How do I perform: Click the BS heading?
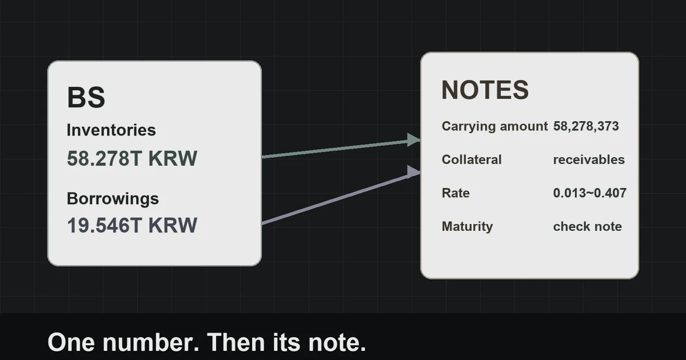(86, 97)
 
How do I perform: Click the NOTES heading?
(485, 90)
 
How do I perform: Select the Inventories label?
(111, 130)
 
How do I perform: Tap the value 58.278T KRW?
(132, 158)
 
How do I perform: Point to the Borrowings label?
(113, 199)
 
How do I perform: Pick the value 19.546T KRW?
(132, 225)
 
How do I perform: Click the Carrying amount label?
(494, 126)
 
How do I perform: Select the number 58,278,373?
(586, 126)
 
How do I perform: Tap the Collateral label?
(472, 159)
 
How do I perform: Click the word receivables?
(589, 159)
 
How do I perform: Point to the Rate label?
(456, 193)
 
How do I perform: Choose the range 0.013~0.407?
(590, 193)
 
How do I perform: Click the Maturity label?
(468, 226)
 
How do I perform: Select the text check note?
(588, 226)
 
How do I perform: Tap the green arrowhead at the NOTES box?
(413, 140)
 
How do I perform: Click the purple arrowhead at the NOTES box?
(413, 172)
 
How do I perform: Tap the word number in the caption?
(151, 342)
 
